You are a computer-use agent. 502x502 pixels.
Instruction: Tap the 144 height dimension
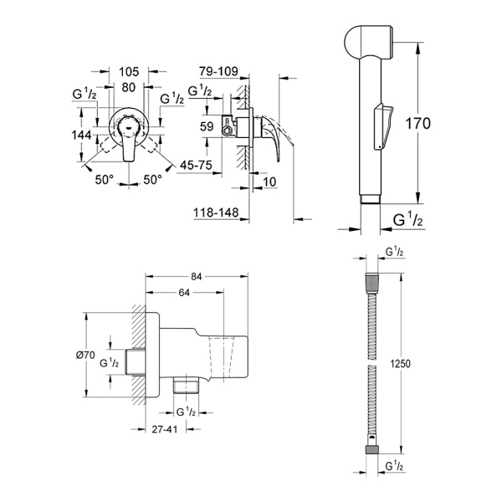[82, 134]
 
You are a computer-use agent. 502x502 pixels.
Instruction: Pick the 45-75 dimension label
[195, 165]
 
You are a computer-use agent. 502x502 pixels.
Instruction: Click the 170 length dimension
[415, 124]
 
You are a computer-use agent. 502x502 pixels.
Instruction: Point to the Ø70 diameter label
[86, 356]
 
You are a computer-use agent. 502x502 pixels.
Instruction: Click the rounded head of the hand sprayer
[366, 43]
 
